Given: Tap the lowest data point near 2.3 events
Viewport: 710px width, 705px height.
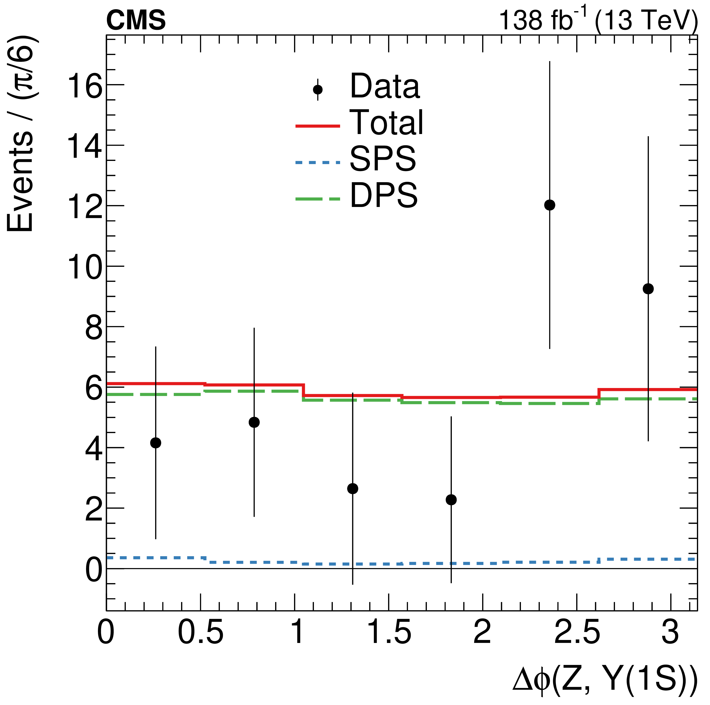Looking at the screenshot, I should tap(451, 500).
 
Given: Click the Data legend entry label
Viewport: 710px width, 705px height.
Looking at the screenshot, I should tap(384, 87).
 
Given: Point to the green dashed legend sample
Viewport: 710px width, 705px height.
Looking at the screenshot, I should tap(318, 199).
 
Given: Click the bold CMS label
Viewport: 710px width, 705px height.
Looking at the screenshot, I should tap(136, 21).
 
